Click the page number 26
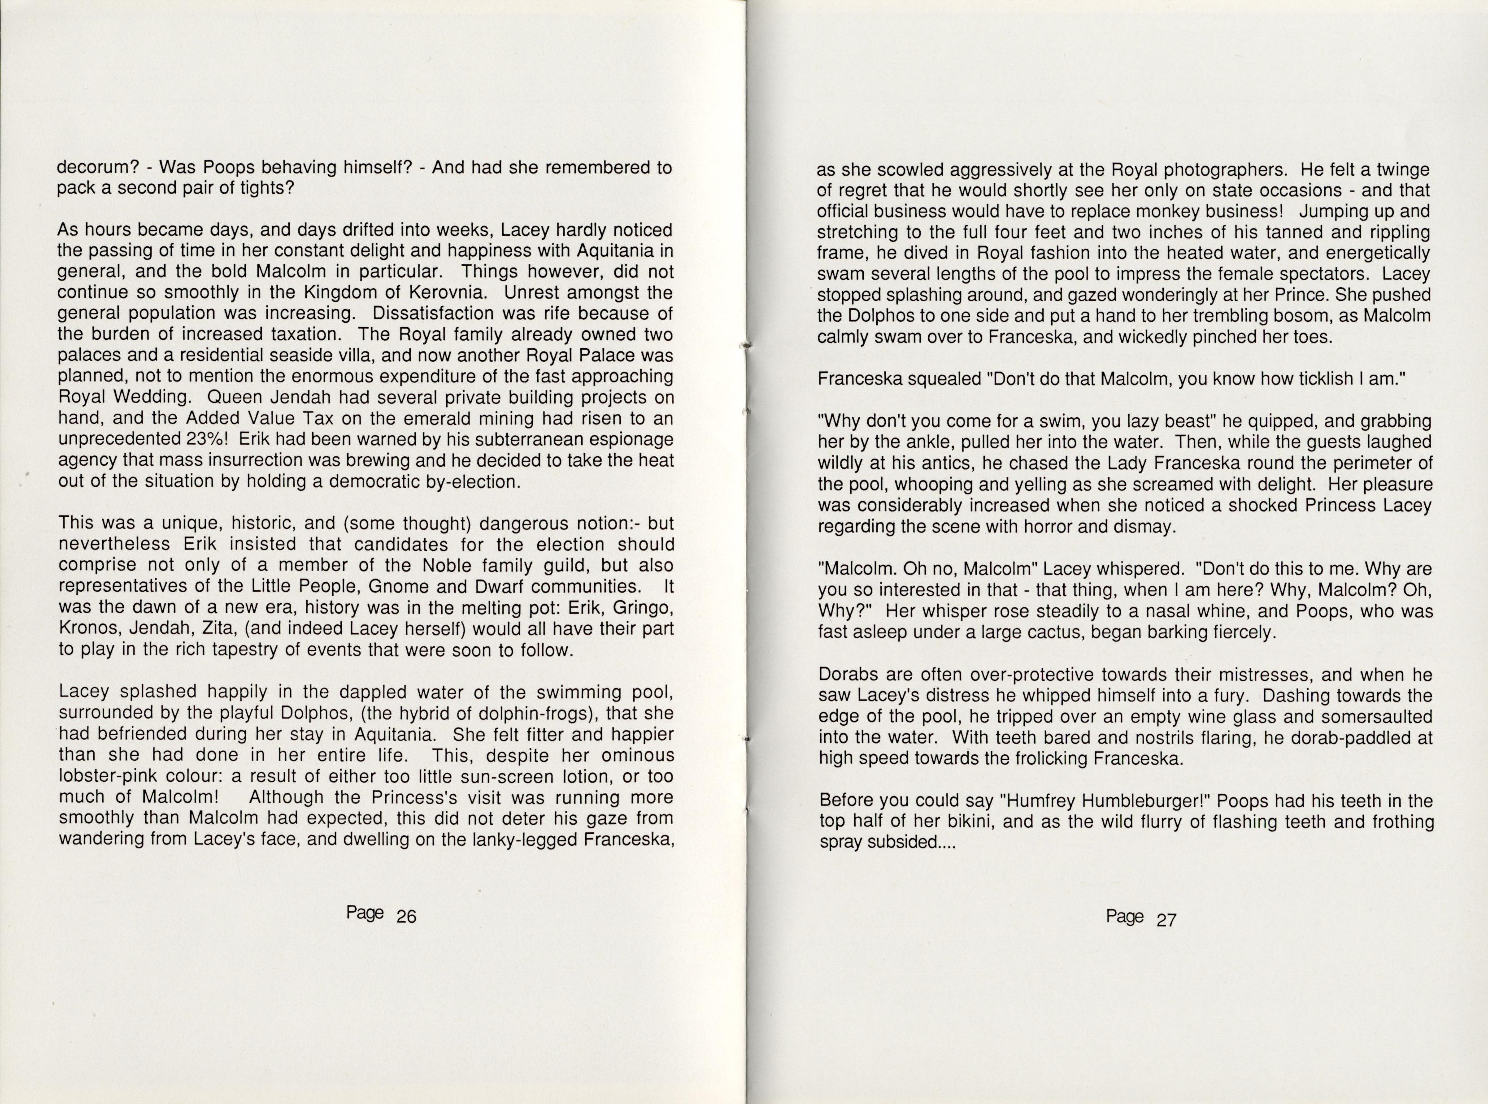coord(406,916)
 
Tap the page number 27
coord(1166,920)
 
